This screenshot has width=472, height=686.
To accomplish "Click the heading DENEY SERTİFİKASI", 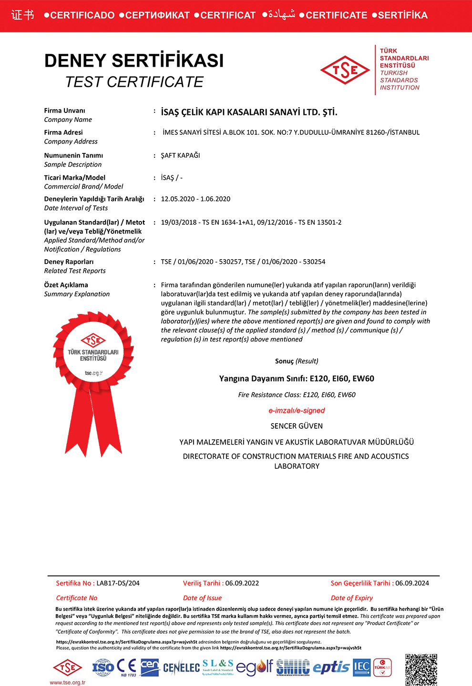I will coord(134,61).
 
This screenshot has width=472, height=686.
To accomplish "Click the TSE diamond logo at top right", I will coord(345,71).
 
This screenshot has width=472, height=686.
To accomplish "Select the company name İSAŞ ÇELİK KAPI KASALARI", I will coord(249,112).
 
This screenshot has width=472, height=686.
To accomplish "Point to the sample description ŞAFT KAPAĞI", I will coord(180,155).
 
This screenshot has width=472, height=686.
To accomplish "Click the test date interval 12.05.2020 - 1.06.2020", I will coord(195,199).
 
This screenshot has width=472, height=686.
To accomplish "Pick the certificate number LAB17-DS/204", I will coord(118,583).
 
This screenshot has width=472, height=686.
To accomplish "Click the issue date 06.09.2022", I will coord(242,583).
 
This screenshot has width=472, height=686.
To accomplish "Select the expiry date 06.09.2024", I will coord(412,583).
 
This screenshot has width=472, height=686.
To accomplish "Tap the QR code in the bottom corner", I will coord(421,669).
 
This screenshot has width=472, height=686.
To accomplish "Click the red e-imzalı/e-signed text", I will coord(297,411).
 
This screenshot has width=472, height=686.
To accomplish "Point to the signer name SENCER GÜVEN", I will coord(297,426).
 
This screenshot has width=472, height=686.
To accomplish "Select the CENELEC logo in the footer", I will coord(181,668).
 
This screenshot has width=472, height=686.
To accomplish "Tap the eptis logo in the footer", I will coord(331,667).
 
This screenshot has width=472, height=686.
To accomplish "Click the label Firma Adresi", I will coord(63,132).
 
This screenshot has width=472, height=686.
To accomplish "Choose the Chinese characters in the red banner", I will coord(23,15).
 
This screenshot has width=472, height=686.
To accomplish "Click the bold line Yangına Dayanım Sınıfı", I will coord(297,379).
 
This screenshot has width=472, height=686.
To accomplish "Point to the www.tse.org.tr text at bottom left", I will coord(67,683).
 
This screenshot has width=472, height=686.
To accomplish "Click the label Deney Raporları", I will coord(69,262).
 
